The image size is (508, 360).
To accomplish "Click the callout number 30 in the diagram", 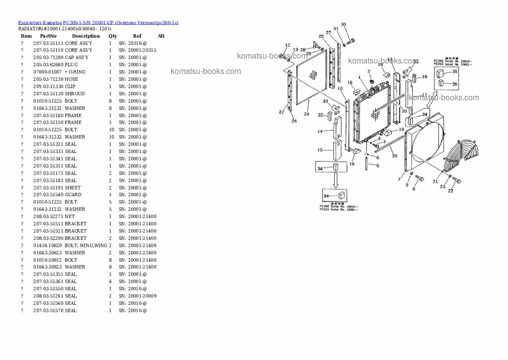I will [343, 24].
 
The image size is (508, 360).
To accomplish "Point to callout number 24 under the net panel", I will [306, 114].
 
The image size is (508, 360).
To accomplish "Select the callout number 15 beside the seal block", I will [320, 150].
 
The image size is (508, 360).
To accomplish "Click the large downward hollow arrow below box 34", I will [335, 179].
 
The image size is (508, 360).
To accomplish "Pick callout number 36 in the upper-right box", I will [455, 84].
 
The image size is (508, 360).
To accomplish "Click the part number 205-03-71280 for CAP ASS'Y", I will [48, 58].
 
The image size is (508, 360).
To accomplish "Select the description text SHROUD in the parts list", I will [74, 93].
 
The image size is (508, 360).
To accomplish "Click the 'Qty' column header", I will [113, 36].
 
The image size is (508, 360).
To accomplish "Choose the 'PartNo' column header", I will [48, 36].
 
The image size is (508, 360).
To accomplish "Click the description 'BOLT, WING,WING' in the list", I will [86, 245].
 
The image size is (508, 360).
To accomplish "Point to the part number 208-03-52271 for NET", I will [48, 216].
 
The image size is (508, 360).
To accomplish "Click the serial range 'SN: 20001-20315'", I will [137, 50].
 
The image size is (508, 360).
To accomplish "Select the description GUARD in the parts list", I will [73, 195].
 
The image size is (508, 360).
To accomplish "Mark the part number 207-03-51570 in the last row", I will [48, 310].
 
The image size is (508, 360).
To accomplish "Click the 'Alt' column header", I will [161, 36].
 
